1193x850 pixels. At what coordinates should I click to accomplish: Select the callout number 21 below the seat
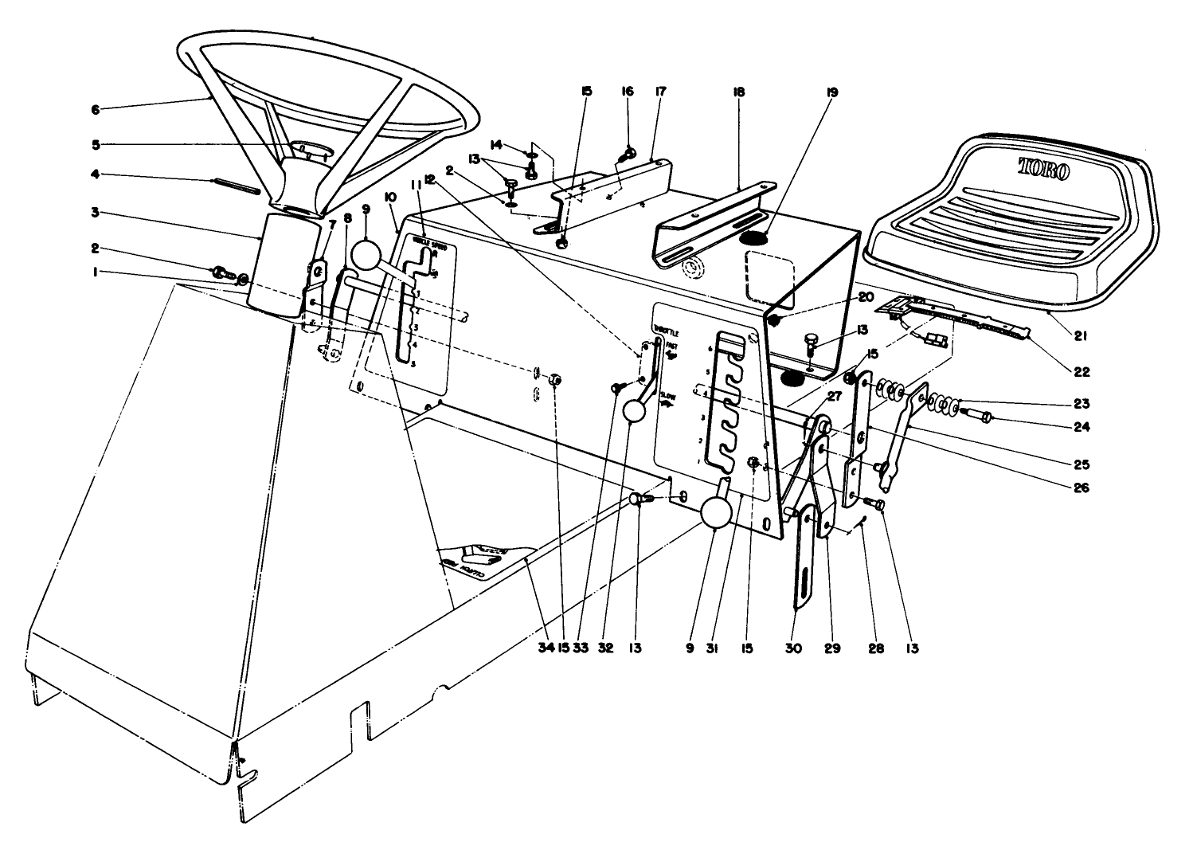[1080, 336]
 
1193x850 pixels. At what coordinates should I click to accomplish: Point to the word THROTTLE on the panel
[666, 330]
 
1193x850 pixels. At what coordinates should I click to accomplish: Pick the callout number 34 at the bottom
[544, 648]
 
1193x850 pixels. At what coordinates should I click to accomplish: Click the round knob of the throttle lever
[635, 411]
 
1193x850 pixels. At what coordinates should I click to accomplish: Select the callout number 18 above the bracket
[739, 92]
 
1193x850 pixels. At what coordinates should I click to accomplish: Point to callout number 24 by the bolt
[1080, 425]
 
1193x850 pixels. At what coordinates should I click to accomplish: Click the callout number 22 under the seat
[1080, 370]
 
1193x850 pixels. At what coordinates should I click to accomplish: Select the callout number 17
[659, 92]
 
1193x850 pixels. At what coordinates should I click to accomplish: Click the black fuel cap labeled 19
[755, 237]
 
